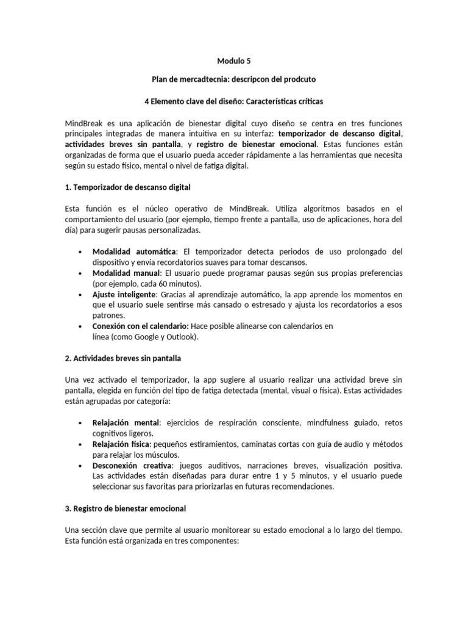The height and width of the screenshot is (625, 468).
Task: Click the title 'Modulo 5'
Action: (x=234, y=61)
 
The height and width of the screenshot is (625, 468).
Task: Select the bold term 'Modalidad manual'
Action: (x=126, y=273)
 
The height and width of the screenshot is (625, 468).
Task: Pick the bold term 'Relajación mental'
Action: (x=126, y=423)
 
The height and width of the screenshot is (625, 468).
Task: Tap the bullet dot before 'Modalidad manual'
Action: (x=81, y=273)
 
